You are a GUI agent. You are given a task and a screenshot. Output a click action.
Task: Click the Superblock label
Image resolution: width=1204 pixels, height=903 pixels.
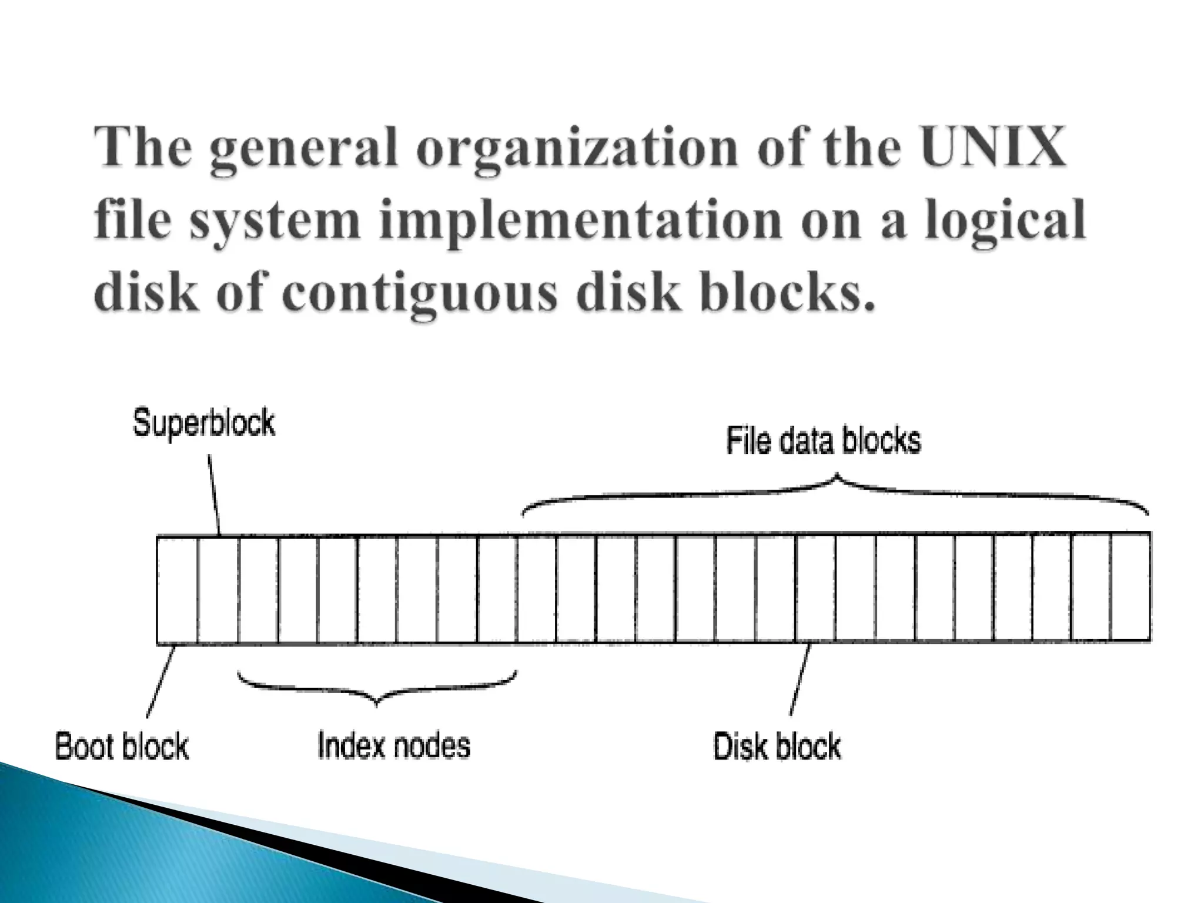coord(204,423)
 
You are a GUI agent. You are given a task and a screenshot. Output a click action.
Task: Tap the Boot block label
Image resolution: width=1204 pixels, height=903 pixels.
coord(122,747)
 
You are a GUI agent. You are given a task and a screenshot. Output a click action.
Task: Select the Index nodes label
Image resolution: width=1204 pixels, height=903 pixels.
coord(394,745)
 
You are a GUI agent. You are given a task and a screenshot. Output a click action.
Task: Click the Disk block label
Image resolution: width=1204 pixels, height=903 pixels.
coord(777,747)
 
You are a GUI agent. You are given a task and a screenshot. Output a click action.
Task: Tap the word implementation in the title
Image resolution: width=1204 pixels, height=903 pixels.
coord(579,220)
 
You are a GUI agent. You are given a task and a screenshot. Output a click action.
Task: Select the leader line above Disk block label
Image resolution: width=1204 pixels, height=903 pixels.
coord(800,679)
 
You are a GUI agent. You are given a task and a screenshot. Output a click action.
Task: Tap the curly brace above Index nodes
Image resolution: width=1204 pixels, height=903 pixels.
coord(376,688)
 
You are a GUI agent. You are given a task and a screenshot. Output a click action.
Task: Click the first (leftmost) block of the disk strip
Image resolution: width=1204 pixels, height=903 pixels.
coord(177,590)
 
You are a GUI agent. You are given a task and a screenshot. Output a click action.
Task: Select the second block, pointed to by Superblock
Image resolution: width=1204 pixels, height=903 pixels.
coord(218,590)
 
